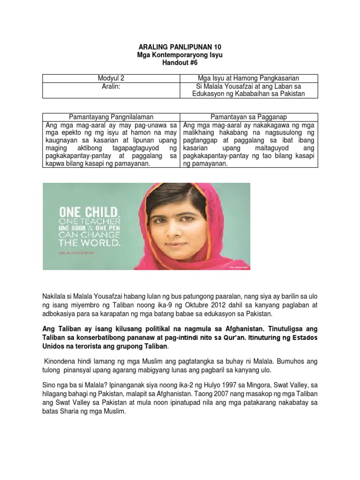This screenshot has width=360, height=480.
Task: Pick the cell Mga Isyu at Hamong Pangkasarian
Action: click(x=248, y=78)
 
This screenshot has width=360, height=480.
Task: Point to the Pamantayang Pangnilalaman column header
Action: click(x=112, y=117)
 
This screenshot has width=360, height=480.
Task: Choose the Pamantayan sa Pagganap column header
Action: click(x=248, y=117)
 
